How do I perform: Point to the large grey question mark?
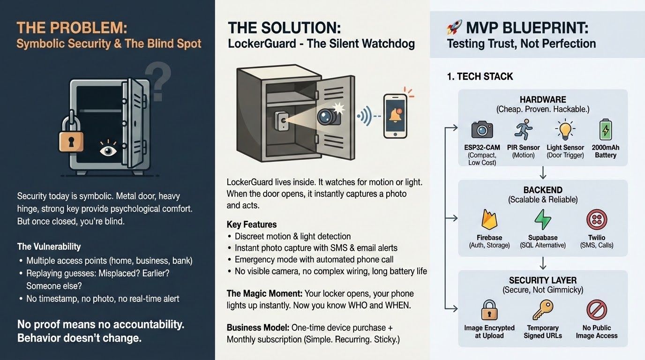(x=158, y=82)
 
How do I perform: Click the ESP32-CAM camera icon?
(x=482, y=129)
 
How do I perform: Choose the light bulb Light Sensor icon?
(x=565, y=129)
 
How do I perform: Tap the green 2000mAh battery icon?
(x=606, y=129)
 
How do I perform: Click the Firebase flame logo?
(x=489, y=219)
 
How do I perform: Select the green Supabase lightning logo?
(x=543, y=219)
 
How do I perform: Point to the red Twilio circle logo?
(x=597, y=219)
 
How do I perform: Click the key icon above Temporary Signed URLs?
(x=543, y=309)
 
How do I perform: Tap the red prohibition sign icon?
(x=597, y=310)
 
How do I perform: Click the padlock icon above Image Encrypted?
(x=489, y=310)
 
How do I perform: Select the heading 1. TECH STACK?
(x=480, y=76)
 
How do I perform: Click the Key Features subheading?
(x=252, y=224)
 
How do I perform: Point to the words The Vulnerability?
(x=49, y=247)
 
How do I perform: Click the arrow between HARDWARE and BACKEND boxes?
(x=543, y=173)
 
